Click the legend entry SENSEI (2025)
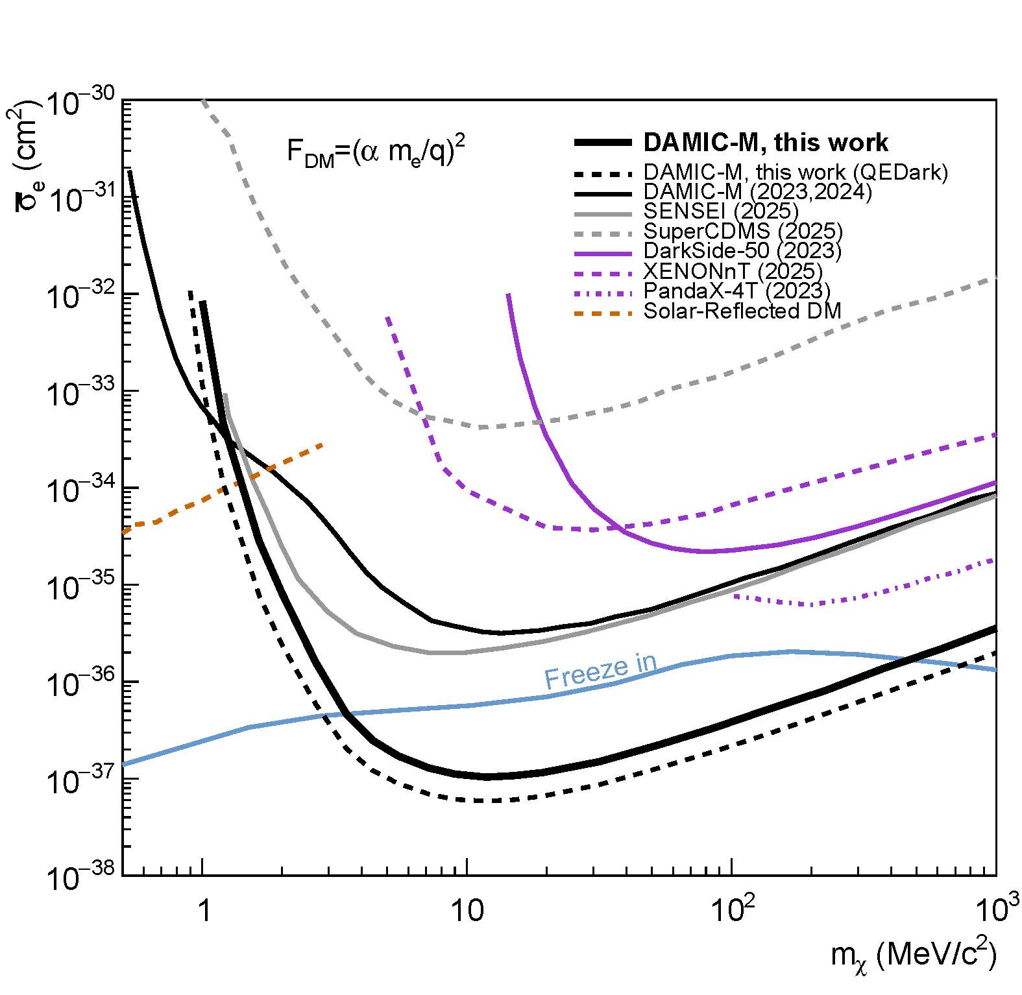tap(721, 211)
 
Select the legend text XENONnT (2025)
tap(733, 270)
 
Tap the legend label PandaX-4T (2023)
tap(736, 291)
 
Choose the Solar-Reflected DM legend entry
tap(742, 311)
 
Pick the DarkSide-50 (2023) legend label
tap(742, 250)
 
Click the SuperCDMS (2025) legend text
tap(743, 231)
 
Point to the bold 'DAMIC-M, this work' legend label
tap(766, 143)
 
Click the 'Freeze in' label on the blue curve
tap(600, 671)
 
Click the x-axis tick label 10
tap(467, 912)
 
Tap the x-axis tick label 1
tap(203, 912)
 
